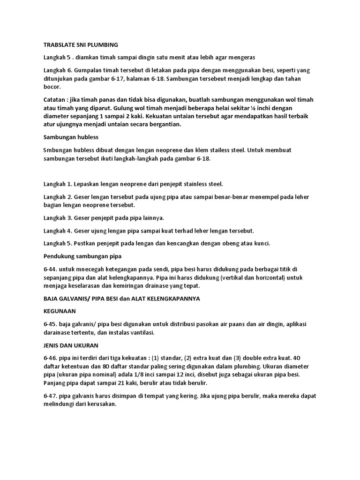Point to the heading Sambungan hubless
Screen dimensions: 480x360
coord(71,137)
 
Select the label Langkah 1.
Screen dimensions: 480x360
coord(58,183)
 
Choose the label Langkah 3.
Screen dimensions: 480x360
coord(58,218)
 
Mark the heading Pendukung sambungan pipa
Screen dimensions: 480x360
coord(82,256)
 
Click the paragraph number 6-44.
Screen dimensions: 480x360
coord(51,269)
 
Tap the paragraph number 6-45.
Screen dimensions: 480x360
coord(51,324)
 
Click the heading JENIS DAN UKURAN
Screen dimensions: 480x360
coord(71,345)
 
